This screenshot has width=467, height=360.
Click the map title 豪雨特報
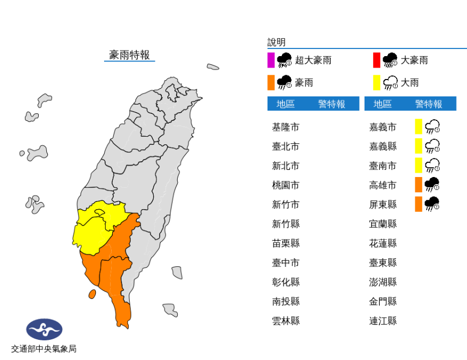129,54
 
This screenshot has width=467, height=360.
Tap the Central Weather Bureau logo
44,329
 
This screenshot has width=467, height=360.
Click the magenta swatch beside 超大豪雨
271,60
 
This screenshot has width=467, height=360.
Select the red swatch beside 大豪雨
376,60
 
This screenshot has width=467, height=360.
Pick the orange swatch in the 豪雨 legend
271,83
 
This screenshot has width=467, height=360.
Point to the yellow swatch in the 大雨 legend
376,83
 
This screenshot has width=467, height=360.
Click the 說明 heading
276,42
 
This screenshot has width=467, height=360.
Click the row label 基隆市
286,127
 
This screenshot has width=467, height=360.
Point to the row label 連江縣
383,321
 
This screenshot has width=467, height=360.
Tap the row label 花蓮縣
383,243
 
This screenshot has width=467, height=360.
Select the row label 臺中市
286,263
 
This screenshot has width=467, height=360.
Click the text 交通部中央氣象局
44,349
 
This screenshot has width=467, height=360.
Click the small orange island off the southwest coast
92,294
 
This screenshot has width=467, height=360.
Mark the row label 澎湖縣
383,282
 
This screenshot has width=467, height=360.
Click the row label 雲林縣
286,321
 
